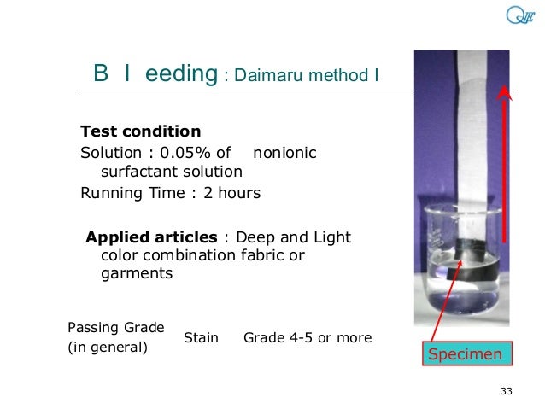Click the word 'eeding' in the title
(181, 74)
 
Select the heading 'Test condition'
(140, 131)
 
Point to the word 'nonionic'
(284, 153)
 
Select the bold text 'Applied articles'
(151, 237)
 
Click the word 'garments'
(137, 274)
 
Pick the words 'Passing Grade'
(115, 327)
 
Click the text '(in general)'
(108, 348)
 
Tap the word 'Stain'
(201, 338)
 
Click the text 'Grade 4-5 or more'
(308, 338)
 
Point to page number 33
(506, 391)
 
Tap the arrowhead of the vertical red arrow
(506, 91)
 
